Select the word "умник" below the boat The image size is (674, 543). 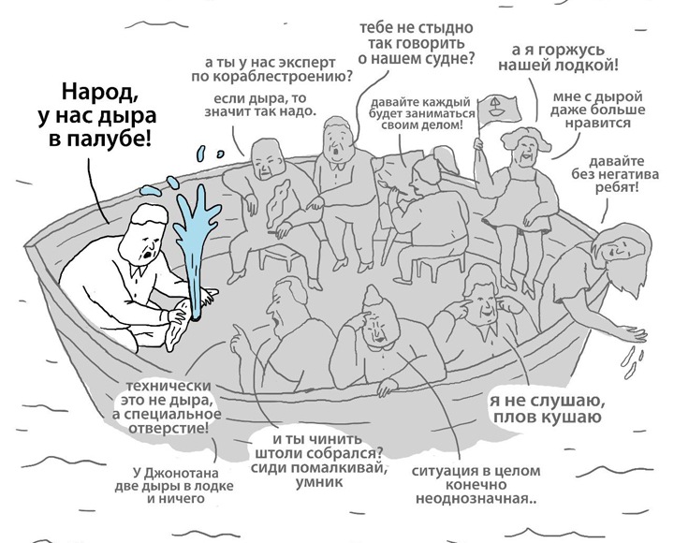tap(315, 481)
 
